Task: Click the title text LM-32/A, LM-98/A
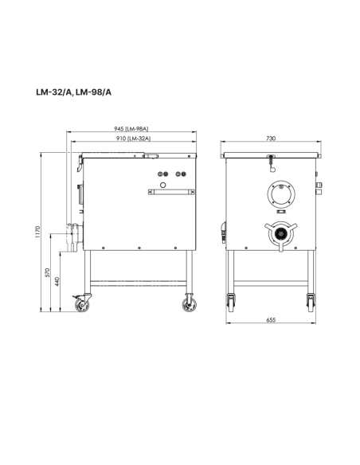[73, 92]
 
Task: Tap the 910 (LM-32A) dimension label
[135, 139]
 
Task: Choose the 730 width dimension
[271, 139]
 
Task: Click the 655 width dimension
[271, 320]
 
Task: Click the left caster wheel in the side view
[81, 303]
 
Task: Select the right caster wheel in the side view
[190, 303]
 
